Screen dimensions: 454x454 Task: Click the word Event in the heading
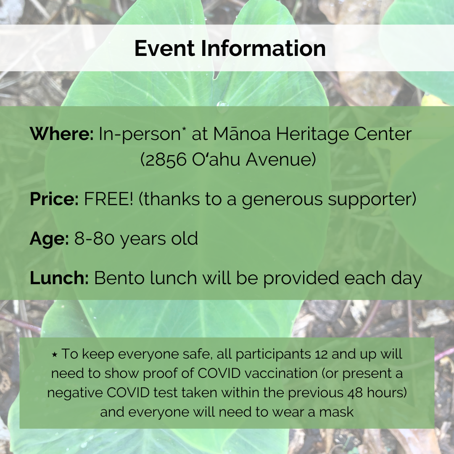[164, 48]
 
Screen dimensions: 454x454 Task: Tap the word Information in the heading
[263, 48]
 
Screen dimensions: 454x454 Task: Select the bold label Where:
[62, 134]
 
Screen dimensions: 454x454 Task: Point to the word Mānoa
[242, 134]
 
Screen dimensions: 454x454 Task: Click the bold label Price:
[54, 199]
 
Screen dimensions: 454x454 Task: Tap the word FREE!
[108, 199]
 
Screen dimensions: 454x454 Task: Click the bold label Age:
[49, 239]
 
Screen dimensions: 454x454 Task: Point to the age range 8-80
[94, 239]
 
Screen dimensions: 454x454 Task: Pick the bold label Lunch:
[59, 278]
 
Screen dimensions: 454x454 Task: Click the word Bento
[119, 278]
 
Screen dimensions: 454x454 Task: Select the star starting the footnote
[54, 354]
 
